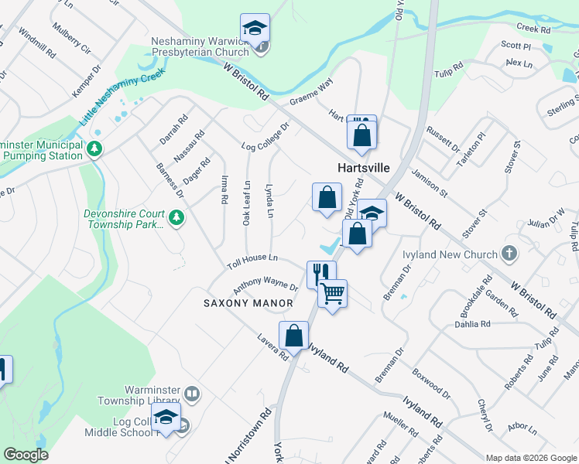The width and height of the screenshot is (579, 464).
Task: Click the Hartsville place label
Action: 362,167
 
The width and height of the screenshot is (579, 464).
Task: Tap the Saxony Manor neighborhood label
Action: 249,303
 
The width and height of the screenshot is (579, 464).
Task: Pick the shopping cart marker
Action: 333,293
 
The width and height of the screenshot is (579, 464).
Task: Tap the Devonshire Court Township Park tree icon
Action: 176,217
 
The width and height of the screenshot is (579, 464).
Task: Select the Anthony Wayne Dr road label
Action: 266,286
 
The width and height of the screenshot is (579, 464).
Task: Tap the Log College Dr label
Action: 265,136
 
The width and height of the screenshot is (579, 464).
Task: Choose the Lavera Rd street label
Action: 273,350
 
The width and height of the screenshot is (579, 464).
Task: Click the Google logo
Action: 26,455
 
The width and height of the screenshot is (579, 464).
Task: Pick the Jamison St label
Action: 430,183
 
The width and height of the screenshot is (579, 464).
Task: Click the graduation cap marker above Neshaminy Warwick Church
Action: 255,28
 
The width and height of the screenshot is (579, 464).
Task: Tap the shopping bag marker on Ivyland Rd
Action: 293,336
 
